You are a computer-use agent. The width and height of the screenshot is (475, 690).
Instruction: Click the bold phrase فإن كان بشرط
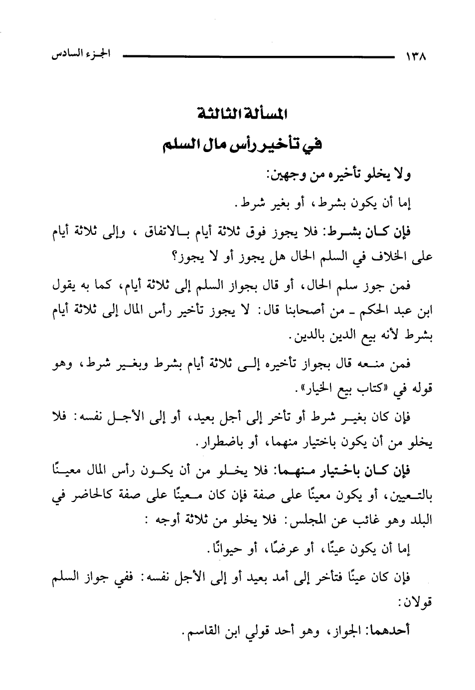378,232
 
